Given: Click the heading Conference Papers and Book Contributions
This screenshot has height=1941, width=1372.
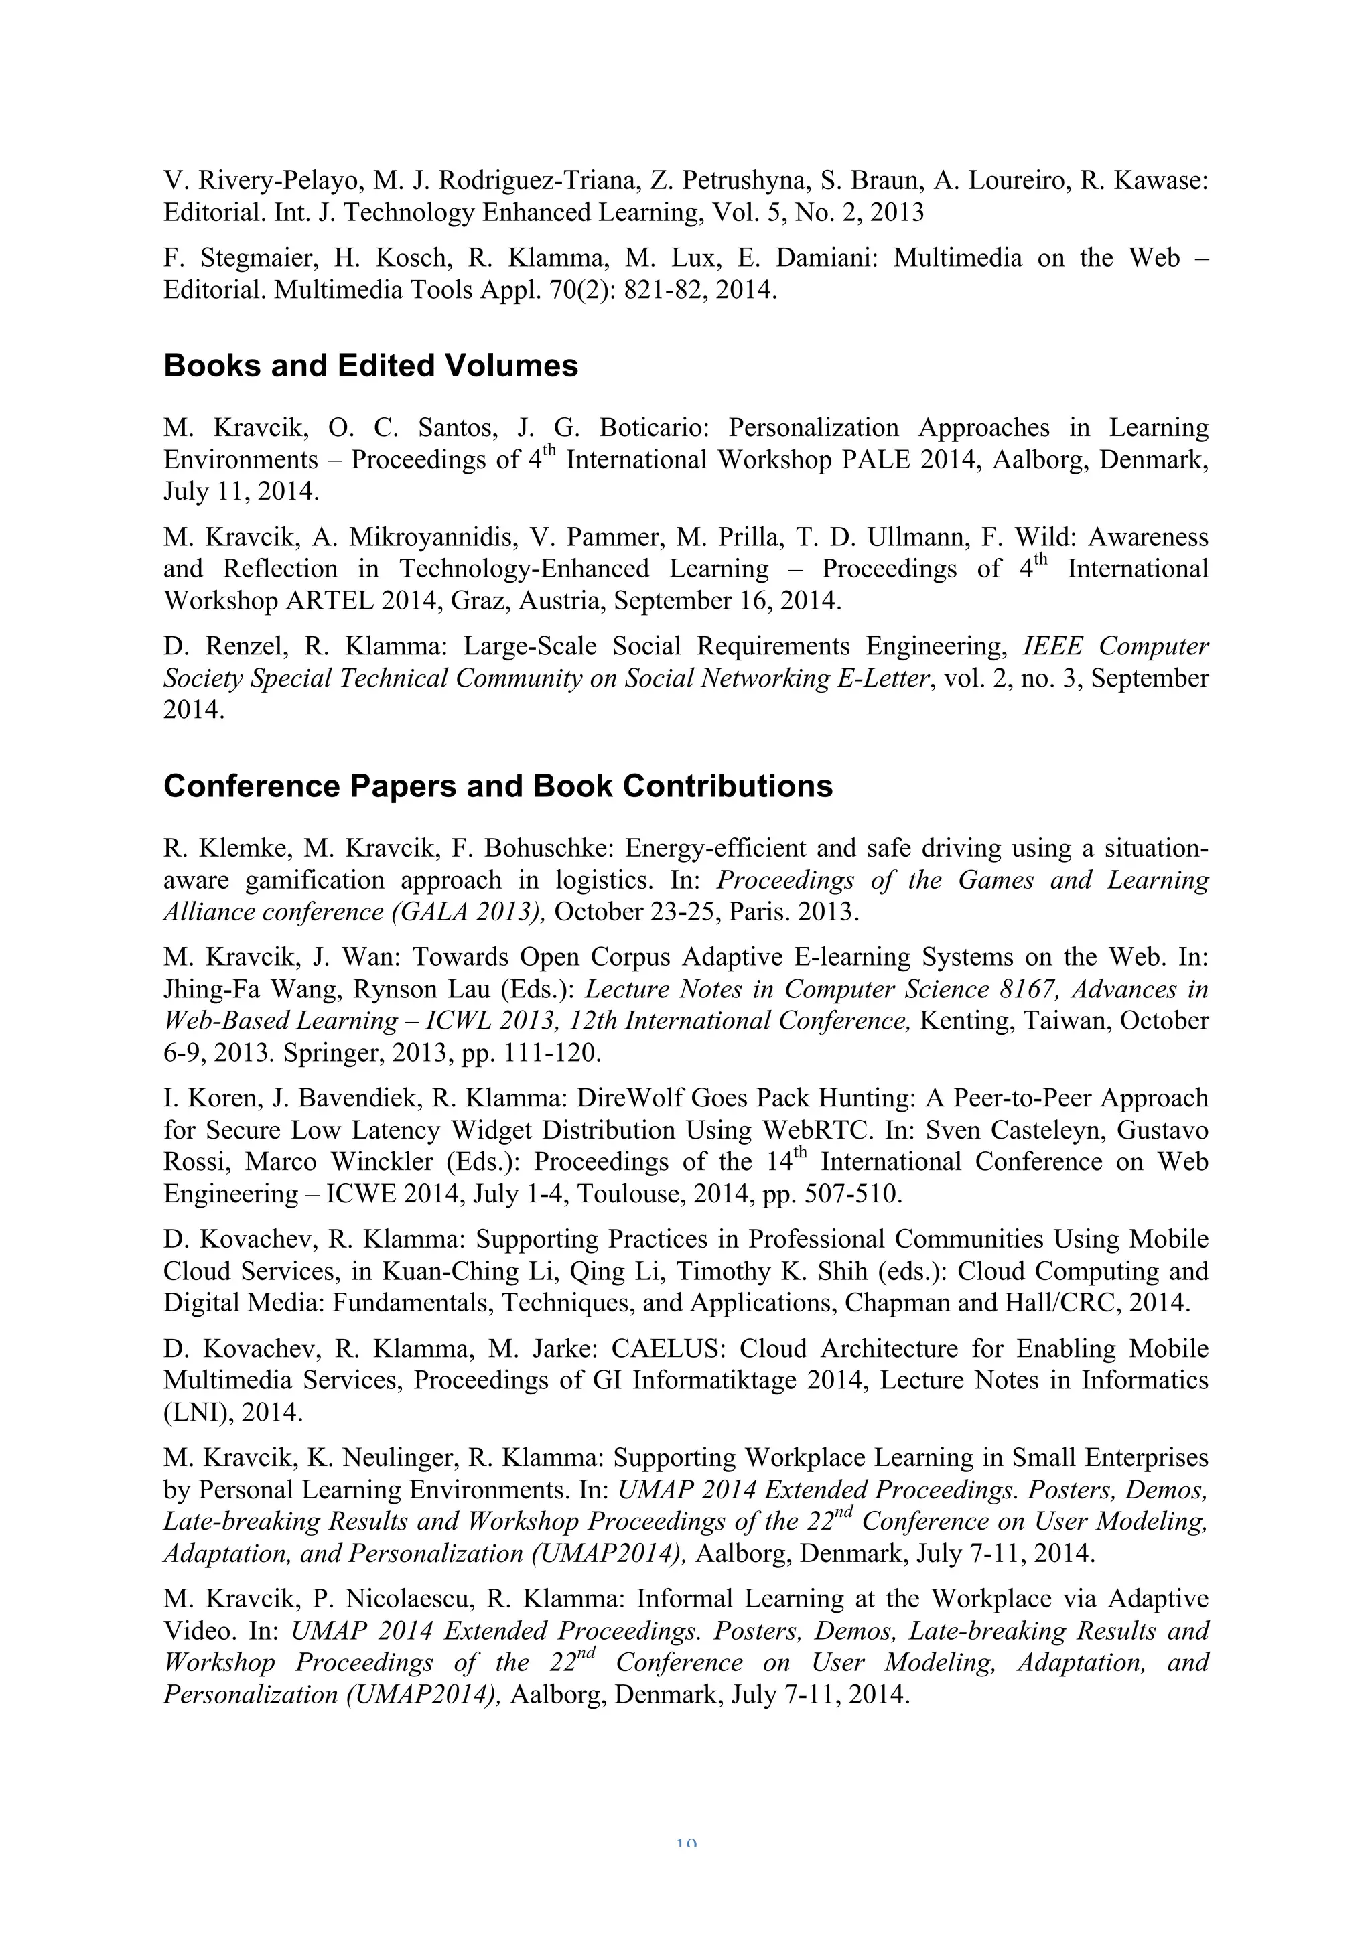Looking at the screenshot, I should (498, 786).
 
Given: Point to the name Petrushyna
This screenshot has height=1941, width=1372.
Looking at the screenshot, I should (743, 180).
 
